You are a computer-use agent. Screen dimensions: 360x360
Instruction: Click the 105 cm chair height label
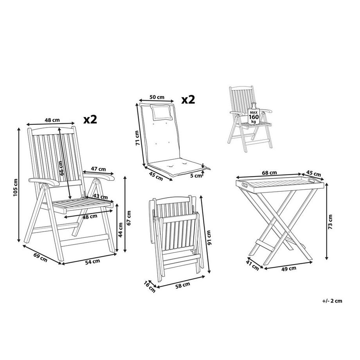click(x=15, y=187)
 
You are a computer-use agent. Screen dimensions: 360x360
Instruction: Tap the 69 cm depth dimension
click(x=40, y=257)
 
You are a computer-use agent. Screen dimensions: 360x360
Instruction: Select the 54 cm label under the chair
click(x=92, y=261)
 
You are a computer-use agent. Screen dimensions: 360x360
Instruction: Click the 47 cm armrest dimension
click(x=99, y=169)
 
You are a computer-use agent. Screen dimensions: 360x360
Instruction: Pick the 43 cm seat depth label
click(x=101, y=197)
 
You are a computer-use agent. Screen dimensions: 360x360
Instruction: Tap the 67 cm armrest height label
click(x=129, y=218)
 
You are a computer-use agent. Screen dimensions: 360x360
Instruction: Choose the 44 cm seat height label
click(x=120, y=230)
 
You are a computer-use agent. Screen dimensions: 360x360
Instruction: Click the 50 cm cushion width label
click(x=157, y=97)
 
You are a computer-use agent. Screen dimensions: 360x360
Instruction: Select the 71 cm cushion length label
click(x=137, y=138)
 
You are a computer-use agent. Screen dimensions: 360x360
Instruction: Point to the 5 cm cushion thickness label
click(x=196, y=176)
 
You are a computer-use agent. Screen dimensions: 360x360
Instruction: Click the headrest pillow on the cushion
click(x=162, y=112)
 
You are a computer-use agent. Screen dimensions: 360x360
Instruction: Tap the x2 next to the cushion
click(x=188, y=100)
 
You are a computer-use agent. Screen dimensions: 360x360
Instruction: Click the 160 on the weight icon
click(x=254, y=117)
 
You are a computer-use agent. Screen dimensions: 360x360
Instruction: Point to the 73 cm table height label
click(x=330, y=222)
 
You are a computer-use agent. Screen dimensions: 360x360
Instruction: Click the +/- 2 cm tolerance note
click(x=332, y=301)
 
